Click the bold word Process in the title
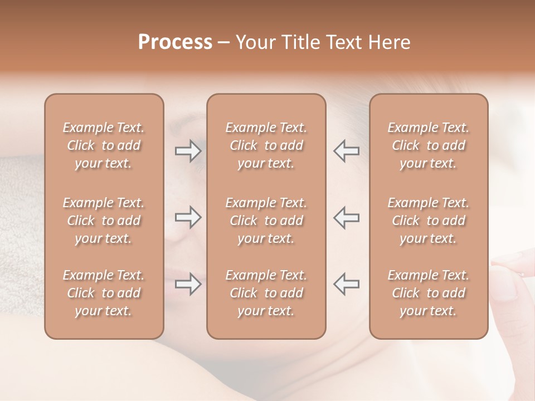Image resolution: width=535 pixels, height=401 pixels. click(x=175, y=42)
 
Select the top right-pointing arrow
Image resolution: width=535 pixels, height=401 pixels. click(x=188, y=151)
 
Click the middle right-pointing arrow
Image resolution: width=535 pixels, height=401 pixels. click(x=188, y=217)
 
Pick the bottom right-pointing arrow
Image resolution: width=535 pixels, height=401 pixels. click(x=188, y=284)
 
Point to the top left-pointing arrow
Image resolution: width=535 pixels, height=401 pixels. click(x=347, y=151)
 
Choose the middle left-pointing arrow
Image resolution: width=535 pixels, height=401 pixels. click(x=347, y=217)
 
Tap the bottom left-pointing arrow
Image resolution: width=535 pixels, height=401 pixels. click(x=347, y=284)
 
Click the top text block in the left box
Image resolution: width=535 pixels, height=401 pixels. click(x=104, y=145)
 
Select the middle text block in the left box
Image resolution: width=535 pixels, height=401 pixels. click(x=104, y=221)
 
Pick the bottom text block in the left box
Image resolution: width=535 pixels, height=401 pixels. click(x=104, y=293)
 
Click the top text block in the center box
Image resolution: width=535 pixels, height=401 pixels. click(x=266, y=145)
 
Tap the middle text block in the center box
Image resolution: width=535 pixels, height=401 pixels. click(x=266, y=221)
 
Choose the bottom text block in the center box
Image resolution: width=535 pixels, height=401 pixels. click(x=266, y=293)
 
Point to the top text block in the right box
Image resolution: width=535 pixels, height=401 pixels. click(x=429, y=145)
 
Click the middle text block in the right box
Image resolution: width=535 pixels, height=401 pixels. click(x=429, y=221)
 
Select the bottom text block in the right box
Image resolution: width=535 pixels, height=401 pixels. click(x=429, y=293)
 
